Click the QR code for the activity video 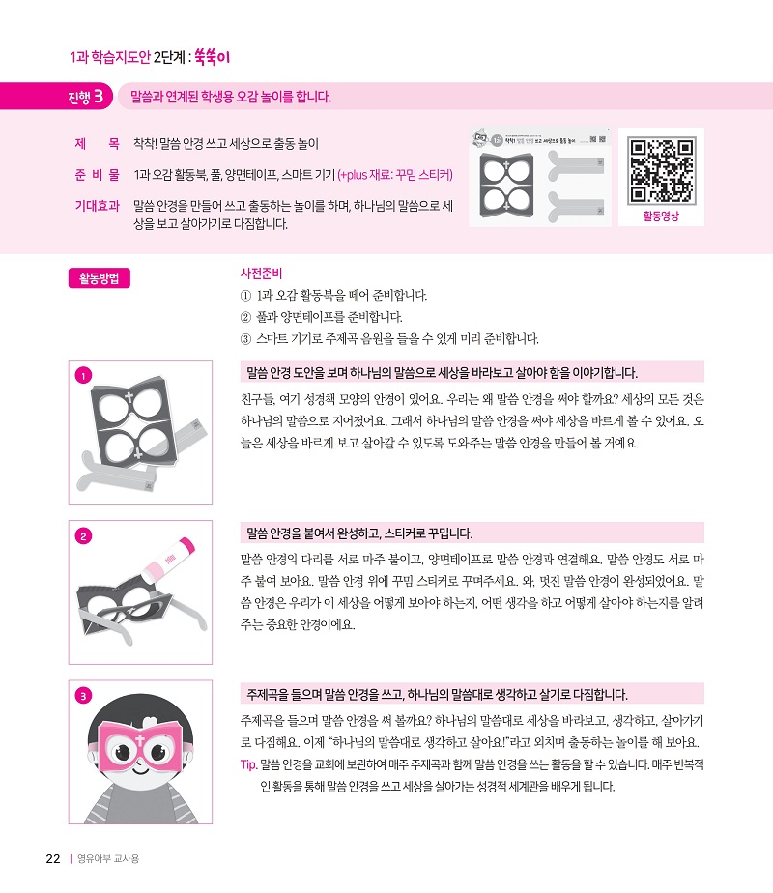tap(662, 170)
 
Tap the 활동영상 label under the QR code tap(661, 216)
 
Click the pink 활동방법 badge tap(100, 278)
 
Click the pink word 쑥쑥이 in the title tap(212, 57)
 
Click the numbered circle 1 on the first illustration tap(83, 376)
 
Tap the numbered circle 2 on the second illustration tap(83, 536)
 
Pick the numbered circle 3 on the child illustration tap(83, 696)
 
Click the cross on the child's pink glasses tap(140, 740)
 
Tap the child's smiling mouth tap(140, 769)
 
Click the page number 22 tap(53, 859)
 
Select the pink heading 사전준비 tap(261, 274)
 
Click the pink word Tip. tap(248, 764)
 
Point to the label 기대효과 tap(98, 206)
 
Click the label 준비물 tap(98, 174)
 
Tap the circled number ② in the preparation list tap(245, 317)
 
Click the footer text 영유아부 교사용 tap(108, 859)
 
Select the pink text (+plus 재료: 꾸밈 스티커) tap(395, 175)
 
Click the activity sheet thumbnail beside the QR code tap(540, 177)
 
